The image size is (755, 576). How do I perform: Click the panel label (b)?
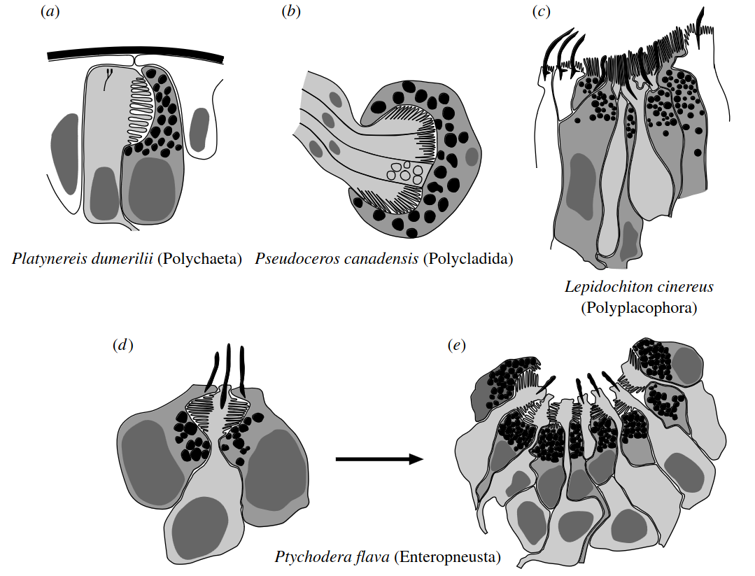pos(290,12)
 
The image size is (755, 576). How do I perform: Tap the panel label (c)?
pos(542,12)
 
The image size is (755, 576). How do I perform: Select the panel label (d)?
pos(122,345)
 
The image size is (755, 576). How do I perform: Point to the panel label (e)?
pos(456,345)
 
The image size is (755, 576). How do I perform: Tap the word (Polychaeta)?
pos(199,259)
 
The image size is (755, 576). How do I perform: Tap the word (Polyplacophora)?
pos(639,308)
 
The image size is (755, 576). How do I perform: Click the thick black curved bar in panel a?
pos(136,55)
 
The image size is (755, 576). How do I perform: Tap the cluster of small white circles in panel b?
pos(404,171)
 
